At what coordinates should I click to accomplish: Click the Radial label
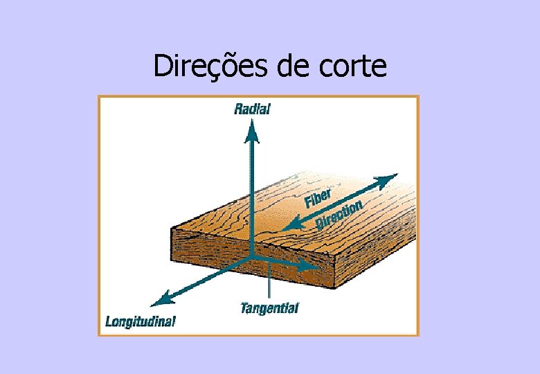(x=252, y=109)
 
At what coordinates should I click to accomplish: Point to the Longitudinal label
(x=141, y=321)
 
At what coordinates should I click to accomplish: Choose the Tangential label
(x=269, y=308)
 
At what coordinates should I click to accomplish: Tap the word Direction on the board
(x=339, y=215)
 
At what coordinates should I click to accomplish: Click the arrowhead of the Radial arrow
(x=253, y=129)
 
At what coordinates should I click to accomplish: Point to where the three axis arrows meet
(x=253, y=257)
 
